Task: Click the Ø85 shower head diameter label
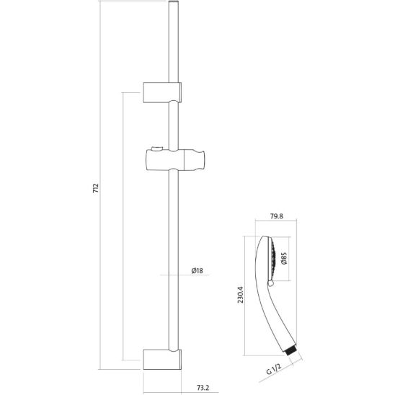point(285,257)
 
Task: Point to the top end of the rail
point(173,6)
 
